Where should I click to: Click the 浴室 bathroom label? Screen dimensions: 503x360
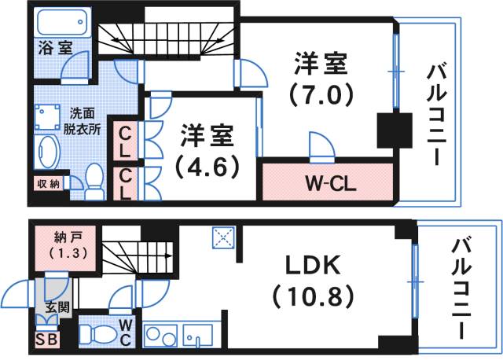coord(55,48)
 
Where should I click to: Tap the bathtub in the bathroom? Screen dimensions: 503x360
coord(64,22)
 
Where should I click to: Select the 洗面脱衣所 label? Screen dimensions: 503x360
coord(82,121)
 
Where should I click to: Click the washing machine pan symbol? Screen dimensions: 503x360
coord(47,117)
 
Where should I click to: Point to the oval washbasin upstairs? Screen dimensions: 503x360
coord(47,152)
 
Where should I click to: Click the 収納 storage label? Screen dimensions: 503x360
coord(49,184)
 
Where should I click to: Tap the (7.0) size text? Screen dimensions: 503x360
coord(321,94)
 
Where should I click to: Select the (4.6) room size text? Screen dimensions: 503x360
coord(207,167)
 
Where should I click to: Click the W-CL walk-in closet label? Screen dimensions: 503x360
coord(330,184)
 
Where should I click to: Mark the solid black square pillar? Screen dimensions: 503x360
coord(395,130)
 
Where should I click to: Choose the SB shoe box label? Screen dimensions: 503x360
coord(47,340)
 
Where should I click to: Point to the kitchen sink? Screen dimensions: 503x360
coord(197,336)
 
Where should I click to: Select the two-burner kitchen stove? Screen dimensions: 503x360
coord(160,336)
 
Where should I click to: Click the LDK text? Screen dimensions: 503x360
coord(313,265)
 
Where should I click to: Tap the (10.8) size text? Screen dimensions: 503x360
coord(314,296)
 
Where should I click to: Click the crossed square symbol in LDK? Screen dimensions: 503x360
coord(223,237)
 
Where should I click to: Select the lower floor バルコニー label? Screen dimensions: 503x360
coord(461,287)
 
